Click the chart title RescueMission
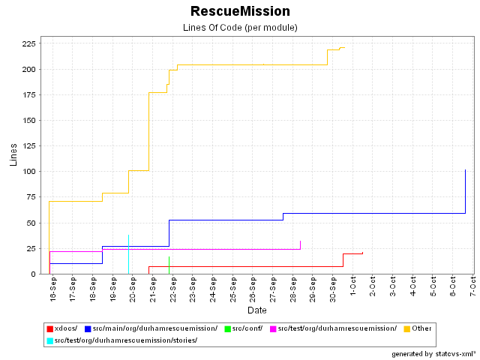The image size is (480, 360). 240,11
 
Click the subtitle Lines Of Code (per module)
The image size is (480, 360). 240,28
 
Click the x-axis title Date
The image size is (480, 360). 257,310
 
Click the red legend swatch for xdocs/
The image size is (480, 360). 50,328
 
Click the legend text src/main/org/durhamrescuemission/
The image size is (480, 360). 155,328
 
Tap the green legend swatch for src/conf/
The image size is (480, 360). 228,328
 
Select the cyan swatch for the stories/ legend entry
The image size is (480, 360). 50,340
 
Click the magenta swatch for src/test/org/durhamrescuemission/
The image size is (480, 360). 273,328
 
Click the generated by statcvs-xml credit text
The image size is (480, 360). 433,353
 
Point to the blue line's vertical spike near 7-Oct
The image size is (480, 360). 466,191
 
